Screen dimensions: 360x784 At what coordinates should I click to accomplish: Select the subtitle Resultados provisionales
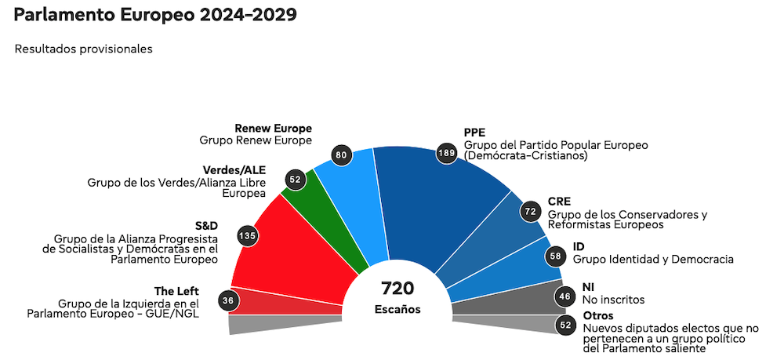point(83,49)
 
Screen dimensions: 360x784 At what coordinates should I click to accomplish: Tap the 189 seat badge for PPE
point(447,153)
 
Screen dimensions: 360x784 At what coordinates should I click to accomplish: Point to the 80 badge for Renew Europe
point(341,155)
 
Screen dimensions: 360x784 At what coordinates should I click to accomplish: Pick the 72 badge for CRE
point(531,212)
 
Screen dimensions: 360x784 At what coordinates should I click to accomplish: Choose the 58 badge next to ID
point(555,256)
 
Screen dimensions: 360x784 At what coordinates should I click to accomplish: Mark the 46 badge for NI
point(564,296)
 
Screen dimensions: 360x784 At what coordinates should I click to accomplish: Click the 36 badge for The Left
point(228,300)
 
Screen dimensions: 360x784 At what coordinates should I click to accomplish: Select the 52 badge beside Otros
point(564,325)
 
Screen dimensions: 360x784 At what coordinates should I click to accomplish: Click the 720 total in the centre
point(397,288)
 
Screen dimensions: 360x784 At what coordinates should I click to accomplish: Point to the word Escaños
point(397,309)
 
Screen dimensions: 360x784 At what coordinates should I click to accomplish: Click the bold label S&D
point(205,225)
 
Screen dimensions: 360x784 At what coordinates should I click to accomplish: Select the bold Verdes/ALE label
point(234,170)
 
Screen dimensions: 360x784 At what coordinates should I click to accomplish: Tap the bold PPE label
point(475,133)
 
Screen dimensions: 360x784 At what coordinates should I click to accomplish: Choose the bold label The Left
point(178,291)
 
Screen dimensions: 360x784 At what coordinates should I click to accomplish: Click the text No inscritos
point(613,300)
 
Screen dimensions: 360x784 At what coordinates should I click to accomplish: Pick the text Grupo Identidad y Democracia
point(653,259)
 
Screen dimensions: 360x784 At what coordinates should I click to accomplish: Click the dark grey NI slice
point(502,298)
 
